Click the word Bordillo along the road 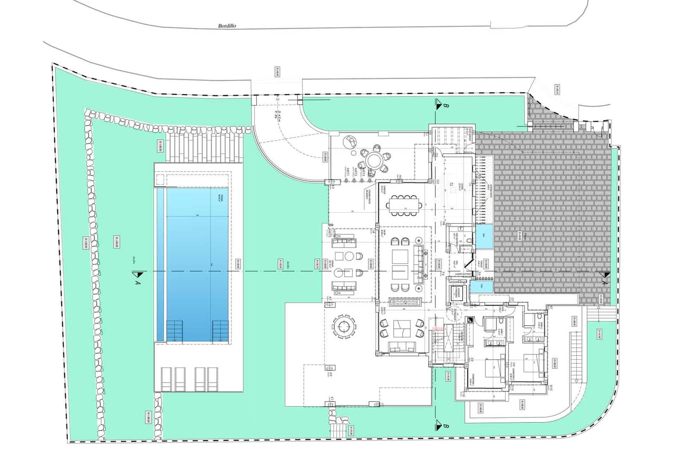(x=227, y=26)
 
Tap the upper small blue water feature (x=484, y=236)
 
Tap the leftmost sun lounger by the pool (x=166, y=379)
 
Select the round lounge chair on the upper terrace (x=351, y=140)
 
